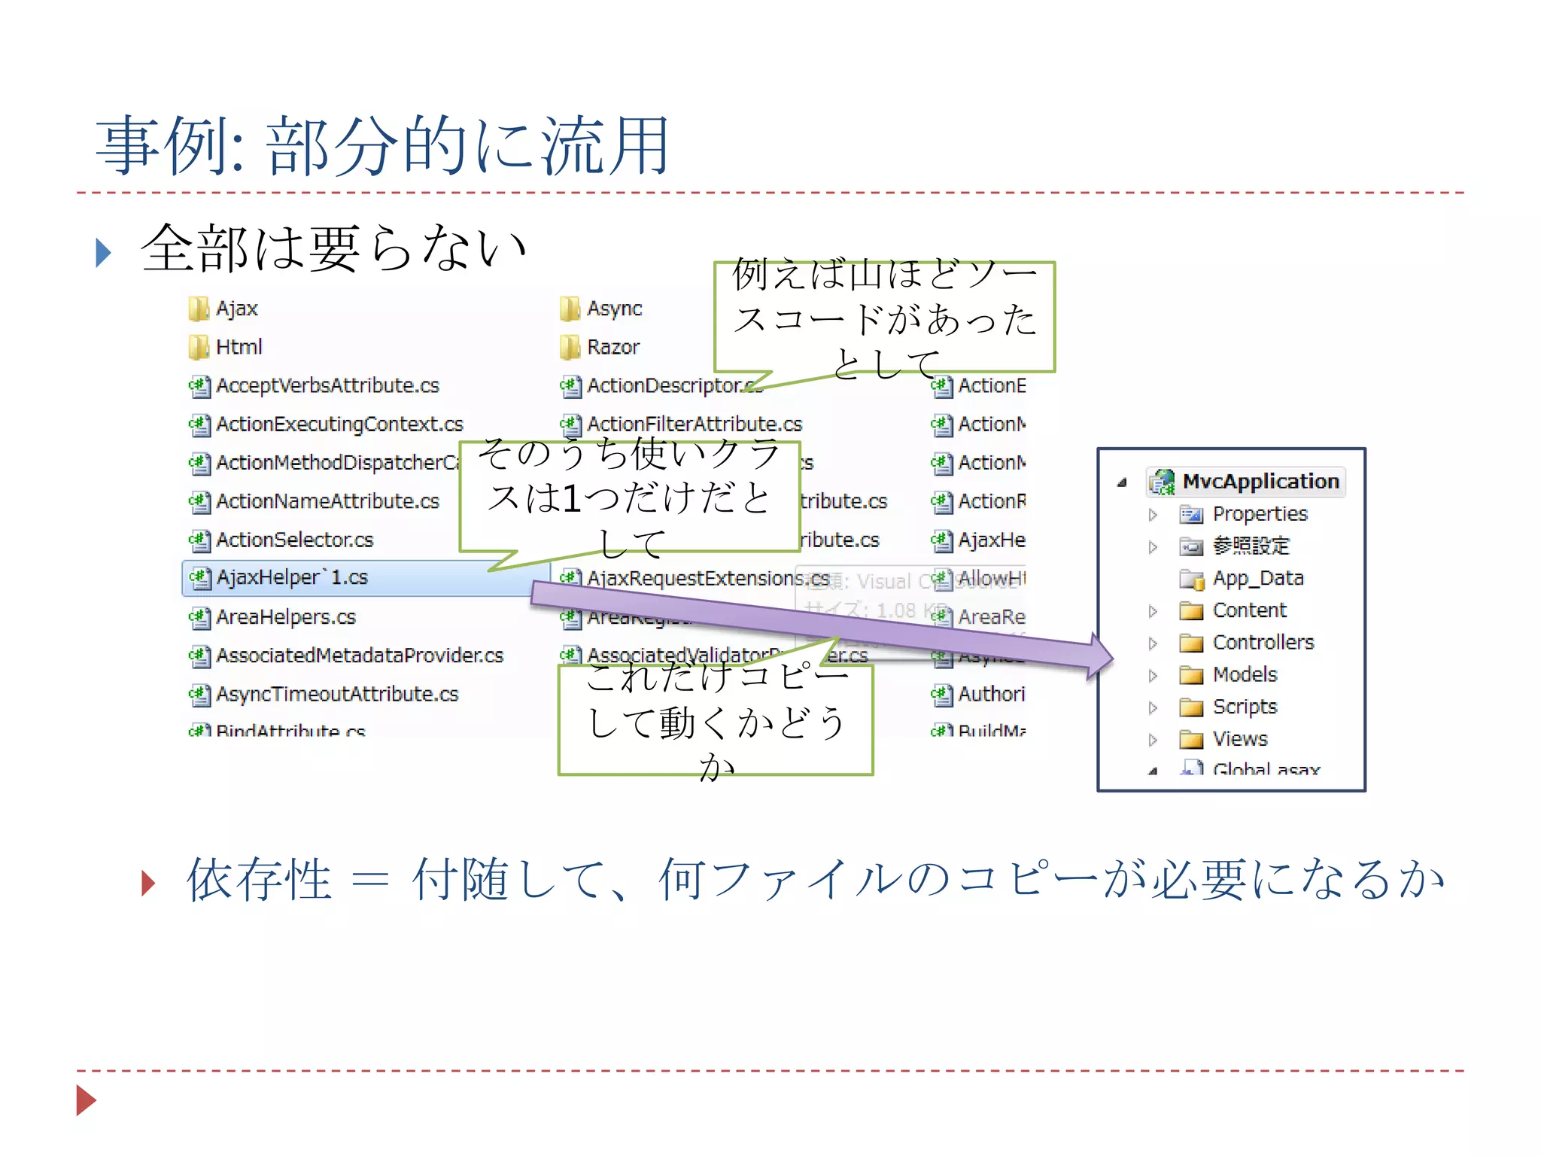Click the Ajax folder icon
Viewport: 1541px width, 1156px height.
pos(198,308)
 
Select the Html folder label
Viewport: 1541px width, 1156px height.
pos(239,347)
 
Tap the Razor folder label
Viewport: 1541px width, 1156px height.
pos(613,347)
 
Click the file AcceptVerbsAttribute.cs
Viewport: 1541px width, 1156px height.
pos(327,385)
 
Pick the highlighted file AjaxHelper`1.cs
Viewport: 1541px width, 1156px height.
pos(292,578)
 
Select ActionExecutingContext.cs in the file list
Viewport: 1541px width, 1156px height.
pos(339,424)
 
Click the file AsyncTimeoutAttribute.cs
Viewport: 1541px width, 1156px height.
pos(337,694)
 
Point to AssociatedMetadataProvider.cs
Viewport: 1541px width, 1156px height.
pos(360,656)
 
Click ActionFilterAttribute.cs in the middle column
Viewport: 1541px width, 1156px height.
pos(695,424)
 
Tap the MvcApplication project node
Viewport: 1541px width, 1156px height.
pos(1260,482)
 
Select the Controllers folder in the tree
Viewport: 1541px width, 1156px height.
pos(1263,643)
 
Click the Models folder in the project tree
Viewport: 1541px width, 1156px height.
pos(1245,675)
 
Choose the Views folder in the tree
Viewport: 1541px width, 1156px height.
pos(1240,740)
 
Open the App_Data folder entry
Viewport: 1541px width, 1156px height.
pos(1257,579)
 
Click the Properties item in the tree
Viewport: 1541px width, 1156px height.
pos(1260,514)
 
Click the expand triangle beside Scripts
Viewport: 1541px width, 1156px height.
pos(1153,707)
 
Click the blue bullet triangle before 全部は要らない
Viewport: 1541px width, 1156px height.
pos(104,252)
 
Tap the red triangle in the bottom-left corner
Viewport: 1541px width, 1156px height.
pos(86,1100)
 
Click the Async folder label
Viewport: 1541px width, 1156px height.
pos(614,309)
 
